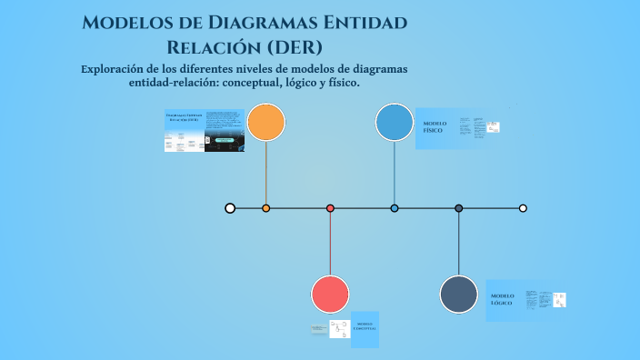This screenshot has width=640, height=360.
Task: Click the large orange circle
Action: point(266,123)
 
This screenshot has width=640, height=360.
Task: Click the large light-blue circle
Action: point(395,123)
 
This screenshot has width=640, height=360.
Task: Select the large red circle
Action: point(330,295)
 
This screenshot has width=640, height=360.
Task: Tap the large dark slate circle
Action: point(459,295)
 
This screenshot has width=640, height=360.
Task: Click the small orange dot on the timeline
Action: point(266,208)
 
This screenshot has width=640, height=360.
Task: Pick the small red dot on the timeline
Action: point(330,208)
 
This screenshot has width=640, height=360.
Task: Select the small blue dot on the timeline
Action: point(395,208)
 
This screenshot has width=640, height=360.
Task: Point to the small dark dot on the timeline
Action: point(459,208)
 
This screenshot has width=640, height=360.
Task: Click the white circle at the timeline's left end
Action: point(230,208)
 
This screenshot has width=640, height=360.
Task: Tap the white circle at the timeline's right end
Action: point(523,208)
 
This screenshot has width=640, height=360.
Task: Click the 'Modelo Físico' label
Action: point(434,127)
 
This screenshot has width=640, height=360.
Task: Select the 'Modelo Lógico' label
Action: point(503,299)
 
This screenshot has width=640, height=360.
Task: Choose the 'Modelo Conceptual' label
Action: point(364,326)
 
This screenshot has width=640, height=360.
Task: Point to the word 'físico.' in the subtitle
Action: point(340,83)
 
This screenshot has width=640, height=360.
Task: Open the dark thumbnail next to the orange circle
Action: point(225,131)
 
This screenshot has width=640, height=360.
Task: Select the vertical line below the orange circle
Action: point(266,173)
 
